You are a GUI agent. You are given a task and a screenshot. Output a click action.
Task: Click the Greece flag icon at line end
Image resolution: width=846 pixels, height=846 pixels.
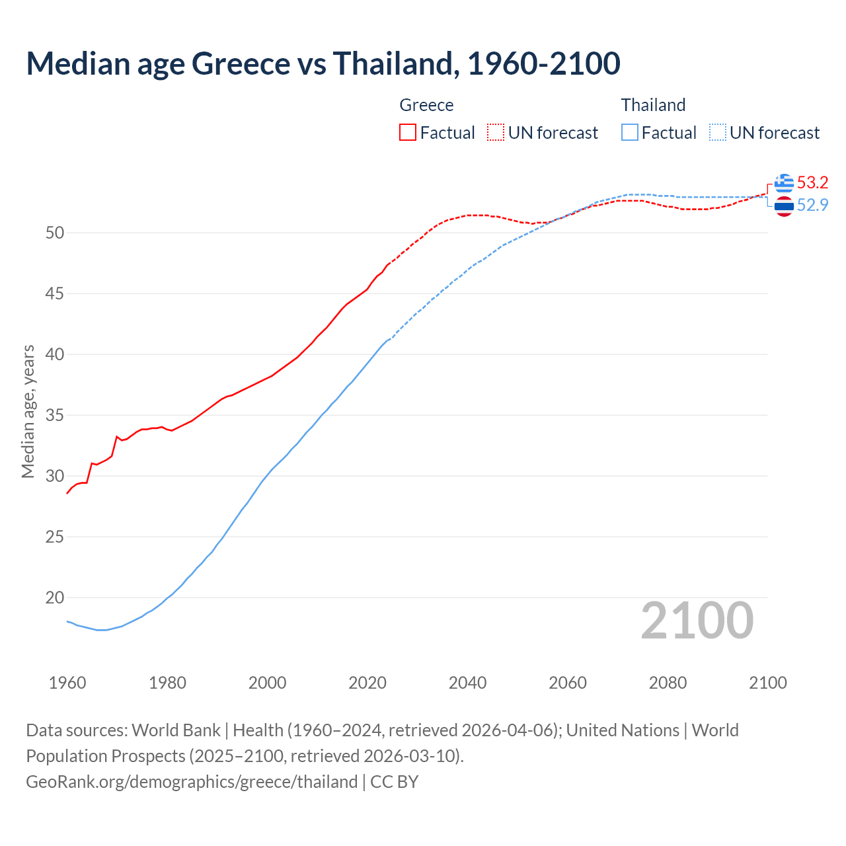pyautogui.click(x=784, y=183)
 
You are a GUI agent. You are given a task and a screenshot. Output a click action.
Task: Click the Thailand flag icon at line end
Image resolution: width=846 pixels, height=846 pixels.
pyautogui.click(x=784, y=206)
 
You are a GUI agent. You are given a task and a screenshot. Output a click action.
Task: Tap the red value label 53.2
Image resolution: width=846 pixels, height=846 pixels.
pyautogui.click(x=812, y=182)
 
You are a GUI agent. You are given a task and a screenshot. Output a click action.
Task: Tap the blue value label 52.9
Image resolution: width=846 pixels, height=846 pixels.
pyautogui.click(x=812, y=205)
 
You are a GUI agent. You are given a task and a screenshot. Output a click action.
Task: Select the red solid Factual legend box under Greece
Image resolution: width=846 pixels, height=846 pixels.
pyautogui.click(x=408, y=132)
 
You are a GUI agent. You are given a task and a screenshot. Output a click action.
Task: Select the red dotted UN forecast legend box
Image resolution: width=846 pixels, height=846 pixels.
pyautogui.click(x=496, y=132)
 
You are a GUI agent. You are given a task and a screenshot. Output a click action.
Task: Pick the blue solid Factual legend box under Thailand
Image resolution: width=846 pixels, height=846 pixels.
pyautogui.click(x=630, y=132)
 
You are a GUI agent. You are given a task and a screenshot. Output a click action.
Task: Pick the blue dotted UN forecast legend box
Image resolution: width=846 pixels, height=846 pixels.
pyautogui.click(x=718, y=132)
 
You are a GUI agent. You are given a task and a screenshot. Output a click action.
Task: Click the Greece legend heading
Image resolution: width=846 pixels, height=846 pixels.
pyautogui.click(x=426, y=105)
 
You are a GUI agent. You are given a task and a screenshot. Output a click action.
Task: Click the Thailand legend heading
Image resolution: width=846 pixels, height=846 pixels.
pyautogui.click(x=653, y=105)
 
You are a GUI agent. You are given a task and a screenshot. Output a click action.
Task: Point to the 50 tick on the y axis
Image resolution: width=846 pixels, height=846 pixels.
pyautogui.click(x=55, y=233)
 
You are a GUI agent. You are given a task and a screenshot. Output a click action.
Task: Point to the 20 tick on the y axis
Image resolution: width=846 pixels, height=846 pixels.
pyautogui.click(x=55, y=597)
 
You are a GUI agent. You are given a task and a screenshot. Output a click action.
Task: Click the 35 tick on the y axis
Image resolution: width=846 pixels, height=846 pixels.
pyautogui.click(x=55, y=415)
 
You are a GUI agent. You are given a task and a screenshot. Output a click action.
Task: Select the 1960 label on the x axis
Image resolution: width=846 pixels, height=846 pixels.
pyautogui.click(x=67, y=683)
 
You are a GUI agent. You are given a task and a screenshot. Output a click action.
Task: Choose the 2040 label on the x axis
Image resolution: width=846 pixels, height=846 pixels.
pyautogui.click(x=467, y=683)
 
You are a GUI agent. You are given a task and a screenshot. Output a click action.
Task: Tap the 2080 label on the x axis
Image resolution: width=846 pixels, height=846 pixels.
pyautogui.click(x=668, y=683)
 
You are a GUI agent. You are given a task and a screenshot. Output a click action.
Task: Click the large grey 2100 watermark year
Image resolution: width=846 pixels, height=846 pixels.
pyautogui.click(x=697, y=620)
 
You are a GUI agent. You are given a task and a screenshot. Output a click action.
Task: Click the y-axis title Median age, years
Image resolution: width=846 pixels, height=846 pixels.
pyautogui.click(x=28, y=411)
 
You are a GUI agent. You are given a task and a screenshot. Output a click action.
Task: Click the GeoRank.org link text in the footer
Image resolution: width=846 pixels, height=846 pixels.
pyautogui.click(x=192, y=781)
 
